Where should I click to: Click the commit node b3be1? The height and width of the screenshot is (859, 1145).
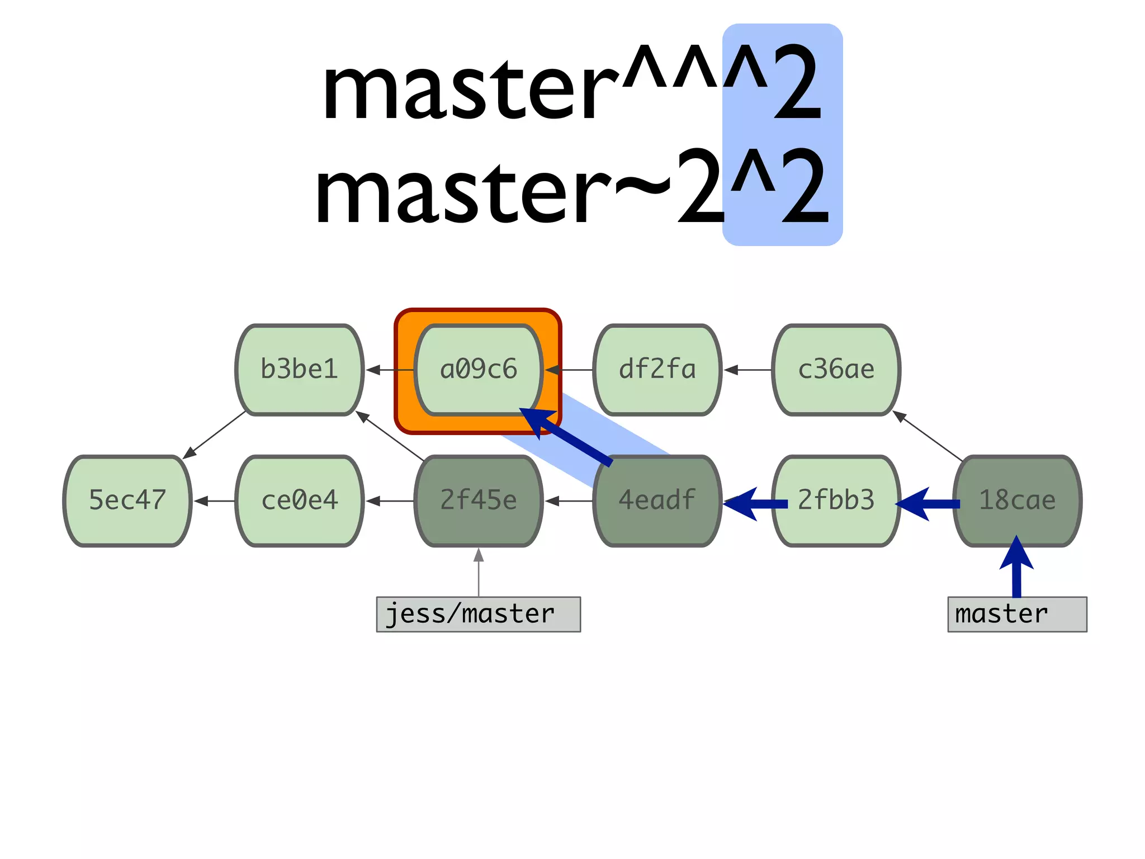click(300, 370)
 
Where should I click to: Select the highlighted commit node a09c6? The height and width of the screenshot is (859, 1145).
click(479, 370)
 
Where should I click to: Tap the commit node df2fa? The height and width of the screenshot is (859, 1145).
click(657, 370)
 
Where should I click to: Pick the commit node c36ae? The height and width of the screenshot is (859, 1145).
click(836, 370)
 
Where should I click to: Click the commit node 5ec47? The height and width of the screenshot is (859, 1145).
click(127, 501)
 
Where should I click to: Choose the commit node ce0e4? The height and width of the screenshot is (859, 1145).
click(300, 501)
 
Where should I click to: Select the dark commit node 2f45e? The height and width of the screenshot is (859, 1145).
click(479, 501)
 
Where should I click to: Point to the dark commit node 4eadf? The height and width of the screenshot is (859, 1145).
click(657, 501)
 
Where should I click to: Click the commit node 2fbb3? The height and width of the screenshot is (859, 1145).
click(836, 501)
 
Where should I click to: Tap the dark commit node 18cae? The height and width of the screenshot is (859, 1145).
click(1017, 501)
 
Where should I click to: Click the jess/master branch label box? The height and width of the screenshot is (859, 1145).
click(479, 614)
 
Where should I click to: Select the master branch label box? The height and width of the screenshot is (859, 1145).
click(1017, 614)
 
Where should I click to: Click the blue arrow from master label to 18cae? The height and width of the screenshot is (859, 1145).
click(1016, 570)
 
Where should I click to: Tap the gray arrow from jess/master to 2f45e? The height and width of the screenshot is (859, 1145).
click(479, 573)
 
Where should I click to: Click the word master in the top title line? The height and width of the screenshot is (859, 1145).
click(470, 89)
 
